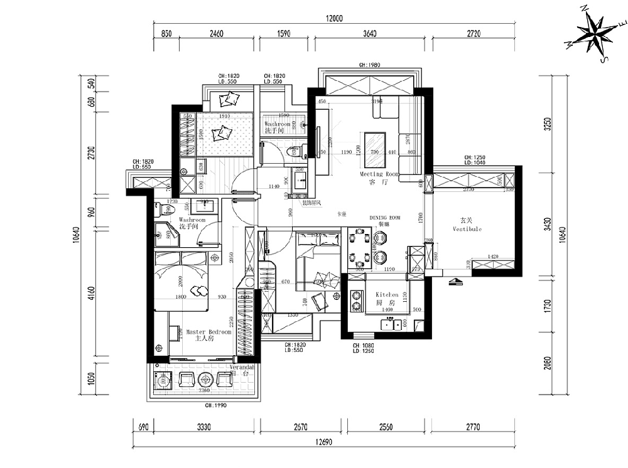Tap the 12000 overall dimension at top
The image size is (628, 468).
coord(334,19)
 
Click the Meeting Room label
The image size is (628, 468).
coord(379,174)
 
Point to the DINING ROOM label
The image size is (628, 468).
coord(385,217)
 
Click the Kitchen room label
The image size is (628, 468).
coord(387,294)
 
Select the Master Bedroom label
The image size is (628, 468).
coord(208,332)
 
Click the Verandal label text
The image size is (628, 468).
coord(241,366)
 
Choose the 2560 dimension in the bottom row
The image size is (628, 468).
coord(386,427)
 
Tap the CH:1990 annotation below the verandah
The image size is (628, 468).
coord(215,406)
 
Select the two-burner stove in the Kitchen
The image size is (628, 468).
coord(357,300)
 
